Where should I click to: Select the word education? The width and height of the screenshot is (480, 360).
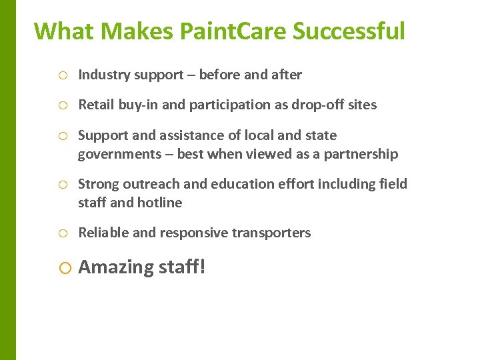tap(242, 185)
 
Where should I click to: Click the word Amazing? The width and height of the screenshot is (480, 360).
tap(116, 267)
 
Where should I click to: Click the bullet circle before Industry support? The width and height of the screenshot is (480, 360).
tap(62, 75)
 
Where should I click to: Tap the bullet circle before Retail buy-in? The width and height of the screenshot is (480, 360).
tap(62, 105)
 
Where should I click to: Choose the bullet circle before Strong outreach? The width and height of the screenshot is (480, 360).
tap(62, 185)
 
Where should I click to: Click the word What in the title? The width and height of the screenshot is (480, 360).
tap(57, 31)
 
